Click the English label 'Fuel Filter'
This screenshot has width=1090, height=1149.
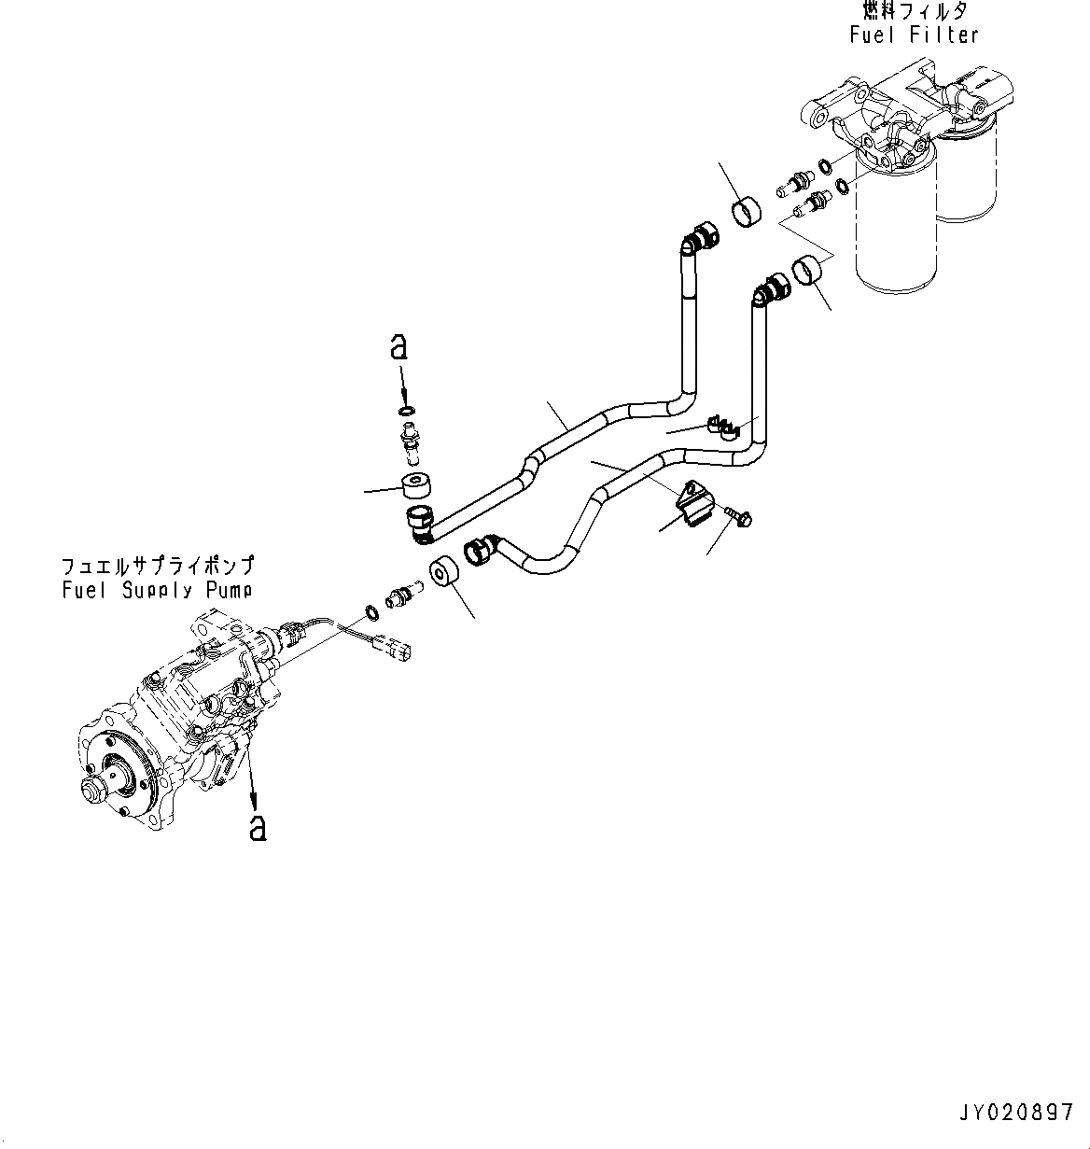coord(914,35)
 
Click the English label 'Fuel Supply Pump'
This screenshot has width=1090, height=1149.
coord(157,590)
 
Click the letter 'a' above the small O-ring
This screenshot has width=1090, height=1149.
coord(398,347)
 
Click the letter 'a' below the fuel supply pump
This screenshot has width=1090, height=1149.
coord(258,826)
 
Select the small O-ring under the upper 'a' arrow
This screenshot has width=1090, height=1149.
coord(406,411)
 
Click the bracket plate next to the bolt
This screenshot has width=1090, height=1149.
coord(694,503)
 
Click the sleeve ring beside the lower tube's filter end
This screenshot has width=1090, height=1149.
coord(807,273)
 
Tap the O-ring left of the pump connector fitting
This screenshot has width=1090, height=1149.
coord(370,612)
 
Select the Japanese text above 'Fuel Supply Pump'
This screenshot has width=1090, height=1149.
coord(157,567)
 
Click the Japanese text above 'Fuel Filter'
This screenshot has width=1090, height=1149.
coord(915,11)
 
